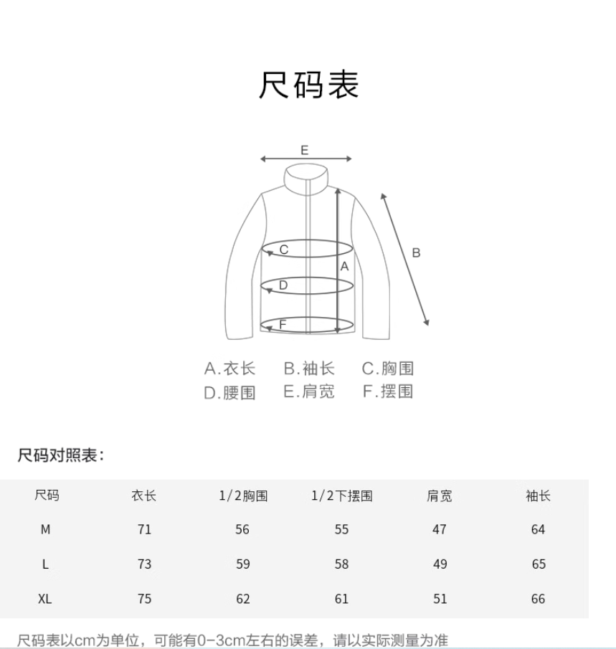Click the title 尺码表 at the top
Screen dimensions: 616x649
pos(308,85)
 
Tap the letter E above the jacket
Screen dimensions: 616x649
pos(305,150)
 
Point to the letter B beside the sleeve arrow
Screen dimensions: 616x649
pos(416,252)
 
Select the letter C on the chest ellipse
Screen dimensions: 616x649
pos(284,250)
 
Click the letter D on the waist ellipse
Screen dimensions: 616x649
pos(283,285)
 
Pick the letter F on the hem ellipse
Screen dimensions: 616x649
pos(283,324)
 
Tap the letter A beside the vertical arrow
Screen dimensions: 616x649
pos(344,266)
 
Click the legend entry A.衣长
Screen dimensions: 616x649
pos(229,369)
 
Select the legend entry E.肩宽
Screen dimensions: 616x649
pos(308,392)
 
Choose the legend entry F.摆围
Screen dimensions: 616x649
pos(388,392)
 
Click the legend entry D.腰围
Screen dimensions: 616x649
pos(229,392)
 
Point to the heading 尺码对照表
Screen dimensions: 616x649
pos(61,455)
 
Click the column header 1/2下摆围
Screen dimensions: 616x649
pos(341,496)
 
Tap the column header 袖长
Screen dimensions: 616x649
pos(538,496)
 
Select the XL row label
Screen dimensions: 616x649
pos(45,599)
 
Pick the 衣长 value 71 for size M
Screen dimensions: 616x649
pos(144,530)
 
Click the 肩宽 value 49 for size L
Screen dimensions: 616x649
pos(440,564)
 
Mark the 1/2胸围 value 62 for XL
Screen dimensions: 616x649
pos(243,599)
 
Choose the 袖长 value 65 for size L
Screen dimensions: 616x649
pos(539,564)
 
